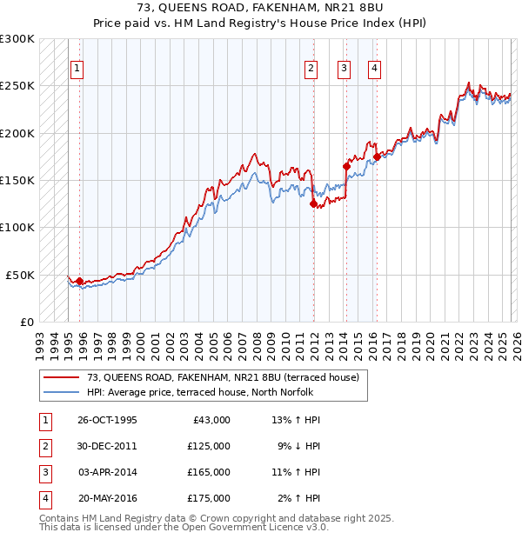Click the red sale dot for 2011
[x=313, y=204]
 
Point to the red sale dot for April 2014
[x=346, y=166]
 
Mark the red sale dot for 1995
[x=80, y=281]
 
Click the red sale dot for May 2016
[x=377, y=157]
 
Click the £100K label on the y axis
[x=18, y=227]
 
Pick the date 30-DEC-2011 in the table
[x=107, y=446]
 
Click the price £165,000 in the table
[x=209, y=472]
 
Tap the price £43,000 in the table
[x=211, y=420]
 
